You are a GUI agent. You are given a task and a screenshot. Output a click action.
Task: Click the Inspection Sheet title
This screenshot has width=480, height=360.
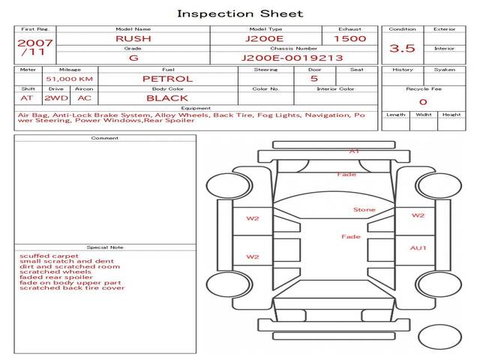pyautogui.click(x=240, y=13)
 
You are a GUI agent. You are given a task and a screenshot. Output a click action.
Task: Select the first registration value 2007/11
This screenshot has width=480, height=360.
pyautogui.click(x=35, y=47)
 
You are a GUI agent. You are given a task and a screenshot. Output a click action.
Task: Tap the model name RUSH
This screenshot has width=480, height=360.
pyautogui.click(x=133, y=38)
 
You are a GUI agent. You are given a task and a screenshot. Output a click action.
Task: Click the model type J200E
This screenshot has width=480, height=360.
pyautogui.click(x=265, y=38)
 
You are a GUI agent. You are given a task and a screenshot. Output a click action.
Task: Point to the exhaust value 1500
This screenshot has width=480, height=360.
pyautogui.click(x=350, y=38)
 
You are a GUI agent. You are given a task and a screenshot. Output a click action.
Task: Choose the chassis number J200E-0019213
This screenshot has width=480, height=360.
pyautogui.click(x=292, y=58)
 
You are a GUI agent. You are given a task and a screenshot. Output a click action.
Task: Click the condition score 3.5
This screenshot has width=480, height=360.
pyautogui.click(x=402, y=48)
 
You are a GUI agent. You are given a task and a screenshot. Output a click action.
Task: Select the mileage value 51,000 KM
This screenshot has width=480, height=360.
pyautogui.click(x=70, y=79)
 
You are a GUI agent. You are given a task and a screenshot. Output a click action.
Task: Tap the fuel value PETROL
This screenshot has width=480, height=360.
pyautogui.click(x=168, y=79)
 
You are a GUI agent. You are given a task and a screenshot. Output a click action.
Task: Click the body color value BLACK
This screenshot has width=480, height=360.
pyautogui.click(x=167, y=98)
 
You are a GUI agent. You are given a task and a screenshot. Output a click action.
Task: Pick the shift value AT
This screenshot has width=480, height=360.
pyautogui.click(x=27, y=98)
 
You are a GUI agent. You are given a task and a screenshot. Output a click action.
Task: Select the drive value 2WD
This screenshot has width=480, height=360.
pyautogui.click(x=56, y=98)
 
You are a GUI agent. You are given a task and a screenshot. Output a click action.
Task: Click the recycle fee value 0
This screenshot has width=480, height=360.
pyautogui.click(x=423, y=102)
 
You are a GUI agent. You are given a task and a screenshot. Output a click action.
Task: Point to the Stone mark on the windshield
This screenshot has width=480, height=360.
pyautogui.click(x=364, y=210)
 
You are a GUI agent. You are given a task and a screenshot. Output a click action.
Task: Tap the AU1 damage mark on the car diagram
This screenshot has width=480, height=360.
pyautogui.click(x=418, y=248)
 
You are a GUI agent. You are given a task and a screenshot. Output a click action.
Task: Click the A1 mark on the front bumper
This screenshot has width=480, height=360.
pyautogui.click(x=354, y=151)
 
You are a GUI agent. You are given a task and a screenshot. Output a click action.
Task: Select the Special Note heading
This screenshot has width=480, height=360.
pyautogui.click(x=105, y=247)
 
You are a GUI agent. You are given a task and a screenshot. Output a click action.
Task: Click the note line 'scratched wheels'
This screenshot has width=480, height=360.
pyautogui.click(x=55, y=271)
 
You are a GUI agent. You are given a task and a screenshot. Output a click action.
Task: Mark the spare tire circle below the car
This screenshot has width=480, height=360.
pyautogui.click(x=440, y=337)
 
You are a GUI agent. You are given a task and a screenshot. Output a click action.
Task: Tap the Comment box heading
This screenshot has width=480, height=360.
pyautogui.click(x=105, y=138)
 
